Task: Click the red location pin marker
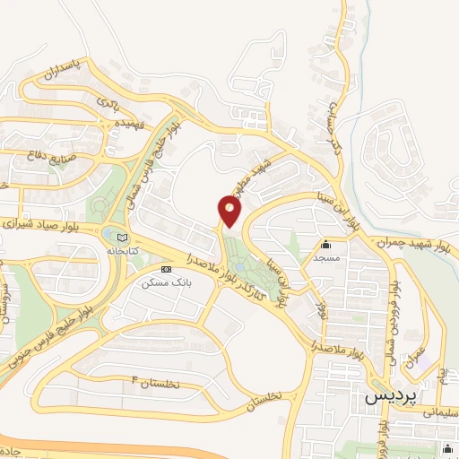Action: coord(230,211)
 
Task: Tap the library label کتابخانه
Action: coord(122,252)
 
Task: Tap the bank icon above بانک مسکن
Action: coord(165,269)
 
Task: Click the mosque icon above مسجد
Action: coord(325,245)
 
